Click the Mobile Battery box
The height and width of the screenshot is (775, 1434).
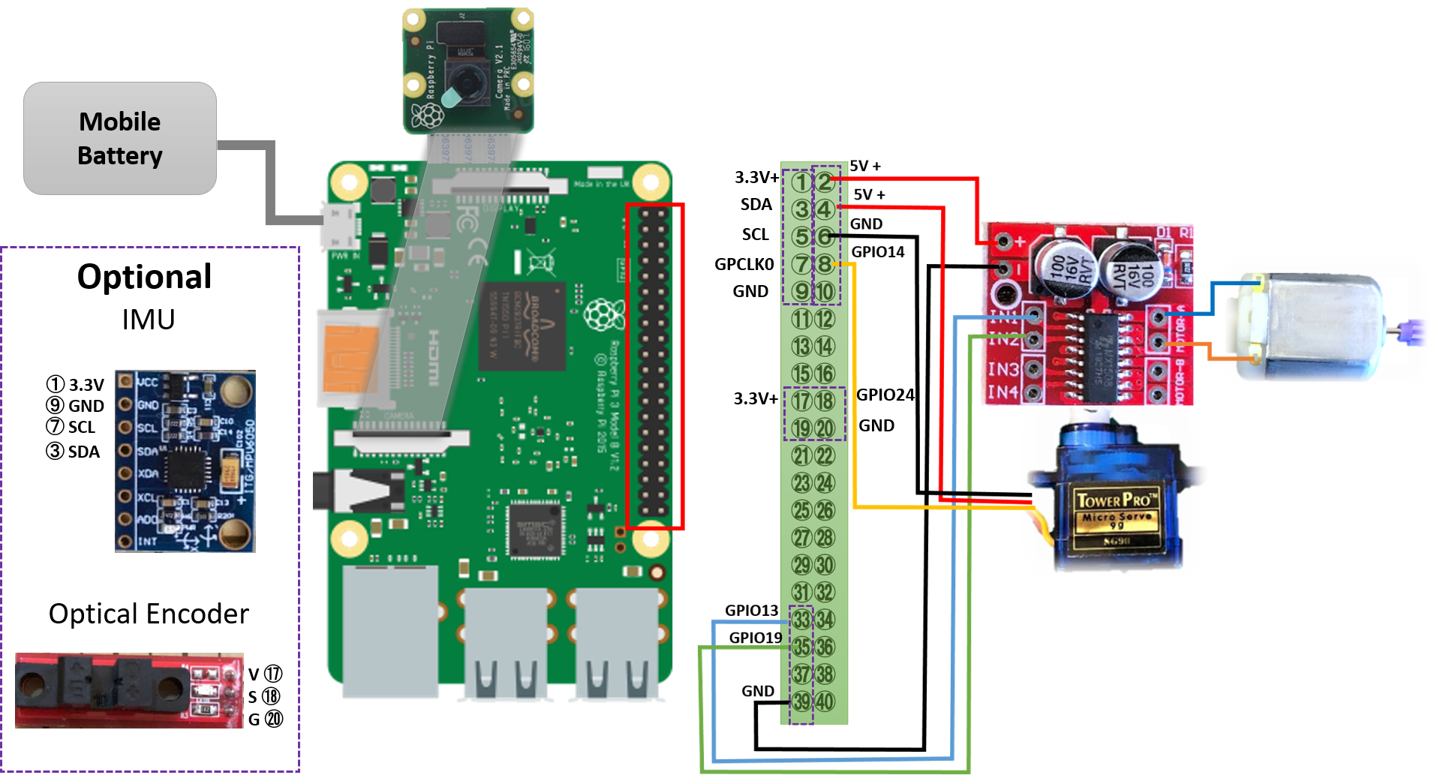[120, 139]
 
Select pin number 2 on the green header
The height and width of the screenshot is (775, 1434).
[825, 182]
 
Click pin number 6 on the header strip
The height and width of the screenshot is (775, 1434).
[825, 236]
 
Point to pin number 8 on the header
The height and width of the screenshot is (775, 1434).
[825, 264]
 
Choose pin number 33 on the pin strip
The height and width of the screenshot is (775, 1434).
[801, 620]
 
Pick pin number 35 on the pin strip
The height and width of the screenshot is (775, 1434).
[801, 647]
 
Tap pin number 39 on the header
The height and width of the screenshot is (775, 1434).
[801, 701]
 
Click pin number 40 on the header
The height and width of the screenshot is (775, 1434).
[825, 701]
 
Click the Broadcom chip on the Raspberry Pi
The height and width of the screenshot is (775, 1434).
[522, 326]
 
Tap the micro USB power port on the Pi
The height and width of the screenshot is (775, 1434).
[338, 226]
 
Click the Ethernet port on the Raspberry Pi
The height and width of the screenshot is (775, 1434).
[390, 630]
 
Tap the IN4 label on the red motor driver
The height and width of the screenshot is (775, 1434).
[1003, 392]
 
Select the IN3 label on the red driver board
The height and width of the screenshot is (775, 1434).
[1003, 369]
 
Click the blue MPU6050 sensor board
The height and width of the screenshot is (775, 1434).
[185, 461]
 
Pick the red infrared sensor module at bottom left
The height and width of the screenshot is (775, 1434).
[129, 690]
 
